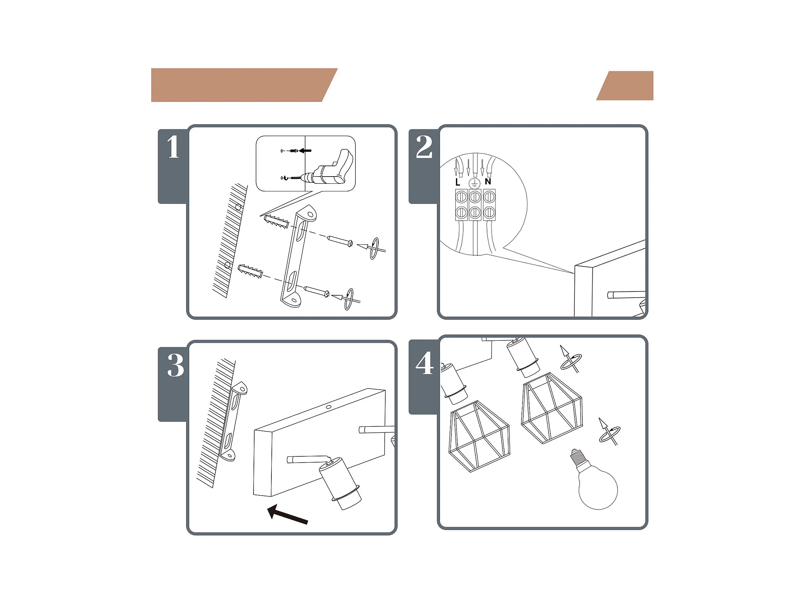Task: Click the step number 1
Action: (x=173, y=147)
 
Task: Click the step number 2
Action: (x=424, y=147)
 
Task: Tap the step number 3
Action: (x=175, y=365)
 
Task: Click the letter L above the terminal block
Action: (x=458, y=182)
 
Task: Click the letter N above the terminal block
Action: (x=488, y=181)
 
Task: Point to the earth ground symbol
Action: (x=474, y=183)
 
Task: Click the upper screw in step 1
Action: (x=340, y=241)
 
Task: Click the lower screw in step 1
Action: (x=316, y=291)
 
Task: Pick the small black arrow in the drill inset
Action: (x=305, y=150)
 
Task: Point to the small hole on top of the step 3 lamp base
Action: (x=329, y=407)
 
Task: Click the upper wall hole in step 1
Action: (x=238, y=207)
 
